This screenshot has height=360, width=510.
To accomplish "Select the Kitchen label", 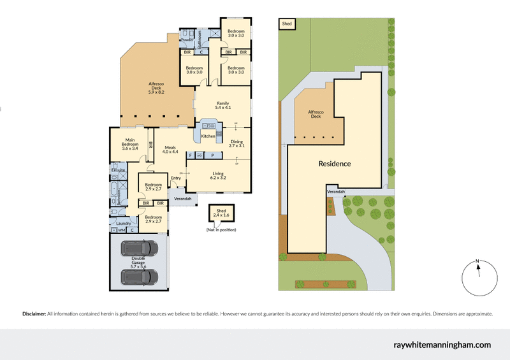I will [208, 136].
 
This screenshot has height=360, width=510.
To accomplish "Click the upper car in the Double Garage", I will [139, 248].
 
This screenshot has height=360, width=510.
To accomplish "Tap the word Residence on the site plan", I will [335, 164].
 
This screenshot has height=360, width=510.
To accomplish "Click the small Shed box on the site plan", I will [287, 24].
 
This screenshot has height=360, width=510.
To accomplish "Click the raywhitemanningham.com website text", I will [441, 345].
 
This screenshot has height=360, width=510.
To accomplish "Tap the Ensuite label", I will [118, 171].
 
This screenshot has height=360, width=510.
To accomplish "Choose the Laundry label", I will [124, 223].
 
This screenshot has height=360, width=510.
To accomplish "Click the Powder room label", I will [187, 40].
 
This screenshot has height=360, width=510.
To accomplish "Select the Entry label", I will [176, 178].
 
